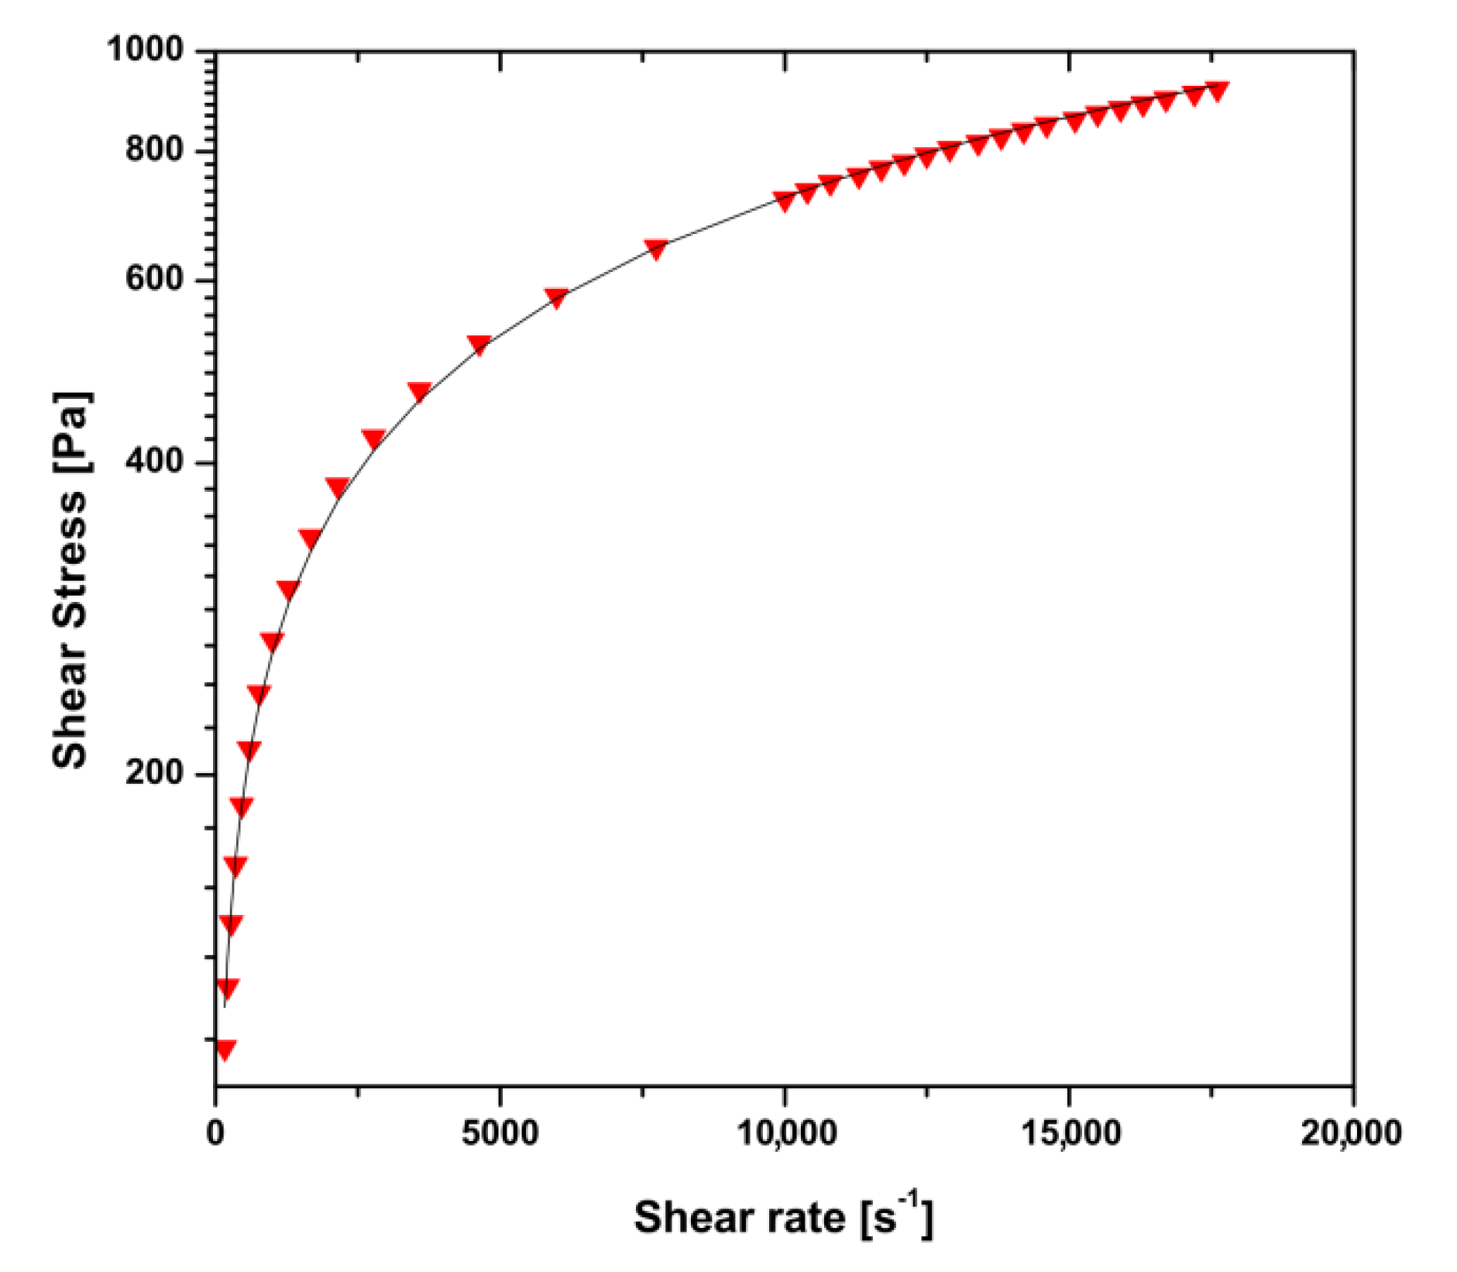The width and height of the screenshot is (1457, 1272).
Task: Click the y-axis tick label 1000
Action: tap(145, 50)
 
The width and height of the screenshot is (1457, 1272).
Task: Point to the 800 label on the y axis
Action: tap(154, 149)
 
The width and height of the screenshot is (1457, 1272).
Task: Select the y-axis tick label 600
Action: tap(154, 279)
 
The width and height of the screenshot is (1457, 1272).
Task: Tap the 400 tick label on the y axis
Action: tap(154, 462)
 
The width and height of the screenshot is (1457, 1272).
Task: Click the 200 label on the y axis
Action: tap(154, 772)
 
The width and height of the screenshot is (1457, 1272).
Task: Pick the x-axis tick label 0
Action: tap(215, 1133)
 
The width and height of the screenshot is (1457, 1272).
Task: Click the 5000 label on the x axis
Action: tap(500, 1133)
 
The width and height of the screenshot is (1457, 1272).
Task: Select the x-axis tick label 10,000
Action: tap(785, 1133)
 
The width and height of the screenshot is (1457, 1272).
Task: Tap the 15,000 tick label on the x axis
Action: tap(1070, 1133)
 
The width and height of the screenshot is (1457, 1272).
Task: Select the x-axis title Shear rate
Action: tap(782, 1216)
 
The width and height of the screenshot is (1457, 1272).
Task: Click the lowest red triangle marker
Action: tap(225, 1050)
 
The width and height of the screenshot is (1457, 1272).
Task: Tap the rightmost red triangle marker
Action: tap(1217, 90)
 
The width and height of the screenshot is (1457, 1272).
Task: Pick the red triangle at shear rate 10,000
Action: tap(785, 201)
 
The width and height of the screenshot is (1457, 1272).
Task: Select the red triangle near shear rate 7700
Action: tap(656, 249)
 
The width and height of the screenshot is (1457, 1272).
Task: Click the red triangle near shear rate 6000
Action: tap(556, 297)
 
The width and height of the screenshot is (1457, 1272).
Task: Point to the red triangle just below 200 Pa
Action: tap(242, 806)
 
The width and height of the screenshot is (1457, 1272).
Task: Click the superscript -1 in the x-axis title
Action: tap(912, 1199)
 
